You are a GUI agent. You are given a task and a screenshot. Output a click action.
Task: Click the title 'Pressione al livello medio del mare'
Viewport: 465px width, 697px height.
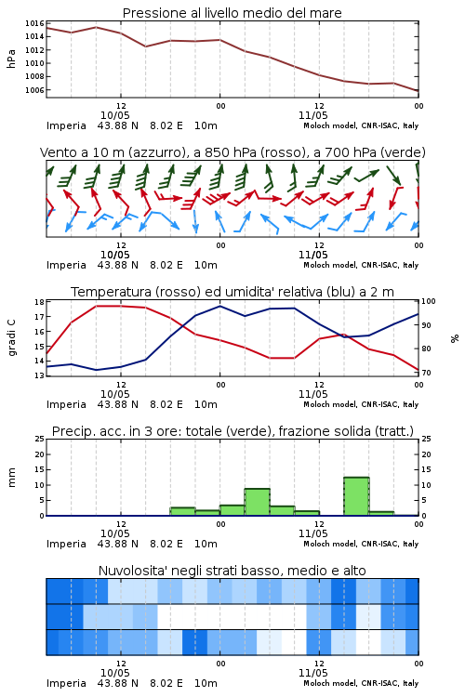coord(232,13)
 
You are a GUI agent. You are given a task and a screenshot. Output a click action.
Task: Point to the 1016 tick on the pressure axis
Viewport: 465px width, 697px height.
coord(34,23)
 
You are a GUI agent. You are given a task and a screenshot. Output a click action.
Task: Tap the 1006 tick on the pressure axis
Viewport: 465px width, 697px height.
coord(34,90)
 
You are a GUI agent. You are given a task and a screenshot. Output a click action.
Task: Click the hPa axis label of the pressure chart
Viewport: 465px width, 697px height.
coord(11,59)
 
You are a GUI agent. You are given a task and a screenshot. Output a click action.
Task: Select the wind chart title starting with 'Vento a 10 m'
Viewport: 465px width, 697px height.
coord(232,152)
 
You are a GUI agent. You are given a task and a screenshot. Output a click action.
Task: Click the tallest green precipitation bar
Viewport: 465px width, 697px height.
coord(356,496)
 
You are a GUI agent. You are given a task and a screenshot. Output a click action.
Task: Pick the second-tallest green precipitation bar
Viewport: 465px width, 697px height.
coord(258,502)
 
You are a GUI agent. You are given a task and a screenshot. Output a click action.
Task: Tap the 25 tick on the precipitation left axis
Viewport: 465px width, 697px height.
coord(40,439)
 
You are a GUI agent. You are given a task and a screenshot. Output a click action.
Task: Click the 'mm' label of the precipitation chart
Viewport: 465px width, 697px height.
coord(11,478)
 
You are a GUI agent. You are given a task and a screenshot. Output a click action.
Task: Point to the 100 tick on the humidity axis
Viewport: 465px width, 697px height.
coord(429,301)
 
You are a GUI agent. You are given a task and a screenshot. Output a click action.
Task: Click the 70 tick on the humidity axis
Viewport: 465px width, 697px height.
coord(426,373)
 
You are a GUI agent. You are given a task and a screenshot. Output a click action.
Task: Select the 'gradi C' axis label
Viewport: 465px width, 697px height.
coord(12,337)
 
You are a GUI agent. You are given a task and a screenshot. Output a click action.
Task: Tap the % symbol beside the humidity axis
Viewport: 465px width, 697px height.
coord(455,338)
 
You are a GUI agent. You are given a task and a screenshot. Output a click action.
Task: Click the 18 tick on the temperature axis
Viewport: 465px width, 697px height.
coord(40,302)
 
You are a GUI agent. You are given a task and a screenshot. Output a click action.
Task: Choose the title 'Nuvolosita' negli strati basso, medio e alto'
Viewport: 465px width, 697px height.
coord(232,571)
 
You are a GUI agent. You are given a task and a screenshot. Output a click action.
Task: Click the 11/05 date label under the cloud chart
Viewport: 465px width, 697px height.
coord(313,673)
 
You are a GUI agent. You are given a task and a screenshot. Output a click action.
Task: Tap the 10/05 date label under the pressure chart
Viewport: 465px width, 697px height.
coord(115,115)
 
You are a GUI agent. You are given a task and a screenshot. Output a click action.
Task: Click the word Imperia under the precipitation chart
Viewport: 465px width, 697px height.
coord(66,544)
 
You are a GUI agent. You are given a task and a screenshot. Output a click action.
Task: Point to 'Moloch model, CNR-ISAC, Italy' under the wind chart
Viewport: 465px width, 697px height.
coord(361,265)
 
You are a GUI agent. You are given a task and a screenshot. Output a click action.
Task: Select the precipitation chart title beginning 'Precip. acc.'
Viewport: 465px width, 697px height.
coord(232,431)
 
